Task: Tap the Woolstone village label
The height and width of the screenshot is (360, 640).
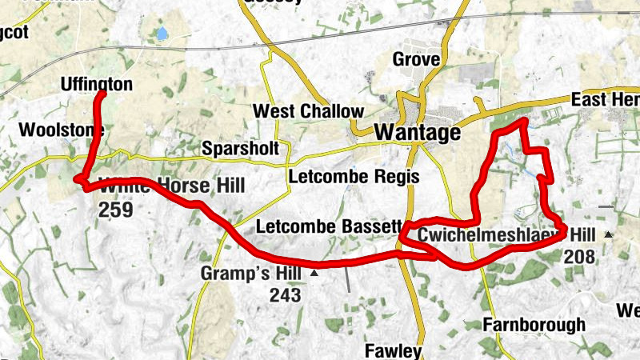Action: point(50,129)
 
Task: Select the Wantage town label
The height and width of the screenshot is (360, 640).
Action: point(418,132)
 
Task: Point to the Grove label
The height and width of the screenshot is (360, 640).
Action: point(416,59)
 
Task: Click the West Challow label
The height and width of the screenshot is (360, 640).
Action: point(308,111)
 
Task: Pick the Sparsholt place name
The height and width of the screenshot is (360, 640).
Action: point(240,149)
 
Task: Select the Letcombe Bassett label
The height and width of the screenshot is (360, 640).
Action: point(327,228)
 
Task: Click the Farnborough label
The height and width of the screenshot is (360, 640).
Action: point(534,325)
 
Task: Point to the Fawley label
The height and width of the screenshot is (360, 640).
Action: point(392,350)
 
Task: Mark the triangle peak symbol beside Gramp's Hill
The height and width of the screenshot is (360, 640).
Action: point(314,274)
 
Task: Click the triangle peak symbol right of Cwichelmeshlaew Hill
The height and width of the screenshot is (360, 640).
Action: point(609,234)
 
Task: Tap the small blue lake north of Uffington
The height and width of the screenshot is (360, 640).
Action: point(162,34)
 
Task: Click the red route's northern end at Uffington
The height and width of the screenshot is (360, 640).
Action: point(102,94)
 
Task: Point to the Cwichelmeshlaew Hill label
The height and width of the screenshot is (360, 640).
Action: point(507,234)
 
